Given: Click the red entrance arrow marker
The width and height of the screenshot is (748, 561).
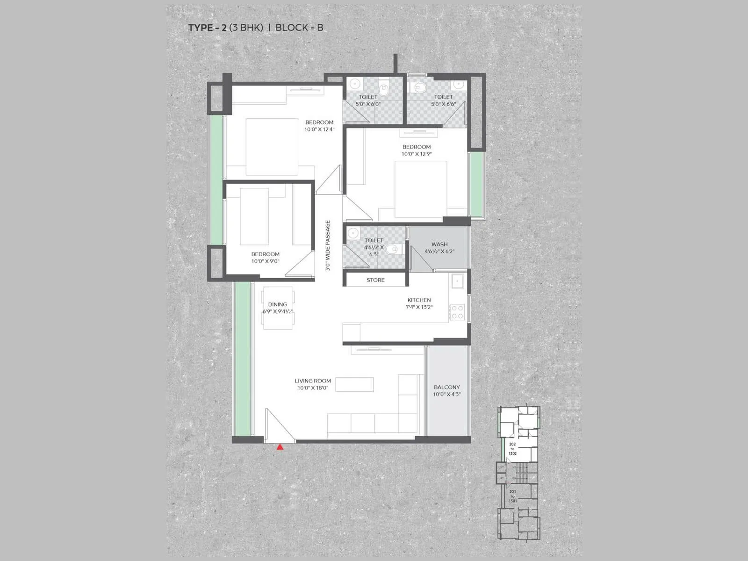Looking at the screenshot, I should (x=280, y=447).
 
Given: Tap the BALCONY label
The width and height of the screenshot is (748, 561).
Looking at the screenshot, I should (x=446, y=387).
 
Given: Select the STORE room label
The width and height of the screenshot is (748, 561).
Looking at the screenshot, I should (x=375, y=280).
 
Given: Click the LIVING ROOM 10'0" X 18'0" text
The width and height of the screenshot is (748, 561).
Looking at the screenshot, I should (x=313, y=384).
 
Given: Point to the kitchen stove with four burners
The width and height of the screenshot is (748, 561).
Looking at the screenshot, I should (x=457, y=312).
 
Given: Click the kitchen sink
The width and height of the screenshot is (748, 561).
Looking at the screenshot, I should (x=457, y=281).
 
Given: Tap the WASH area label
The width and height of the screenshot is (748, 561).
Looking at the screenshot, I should (x=439, y=244).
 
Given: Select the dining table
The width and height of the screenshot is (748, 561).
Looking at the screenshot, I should (x=278, y=308).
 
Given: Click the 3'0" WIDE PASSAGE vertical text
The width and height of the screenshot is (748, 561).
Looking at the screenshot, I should (x=328, y=245).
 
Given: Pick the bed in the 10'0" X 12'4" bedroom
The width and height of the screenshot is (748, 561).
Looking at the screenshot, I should (x=272, y=147).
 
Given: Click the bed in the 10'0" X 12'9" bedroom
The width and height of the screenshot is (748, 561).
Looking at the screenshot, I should (x=421, y=189).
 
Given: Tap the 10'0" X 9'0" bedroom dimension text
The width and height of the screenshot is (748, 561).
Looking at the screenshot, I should (x=265, y=261).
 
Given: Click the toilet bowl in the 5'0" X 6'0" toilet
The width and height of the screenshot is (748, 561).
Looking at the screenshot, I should (x=384, y=87).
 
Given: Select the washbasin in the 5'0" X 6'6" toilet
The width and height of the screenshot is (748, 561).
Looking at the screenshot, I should (x=459, y=85).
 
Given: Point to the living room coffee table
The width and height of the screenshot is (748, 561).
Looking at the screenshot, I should (x=354, y=384).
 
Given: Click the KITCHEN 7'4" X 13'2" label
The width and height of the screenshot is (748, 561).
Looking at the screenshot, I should (x=419, y=303).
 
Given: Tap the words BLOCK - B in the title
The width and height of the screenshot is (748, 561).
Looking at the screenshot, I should (x=299, y=28).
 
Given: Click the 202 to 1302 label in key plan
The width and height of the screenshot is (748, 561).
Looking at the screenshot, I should (x=512, y=448).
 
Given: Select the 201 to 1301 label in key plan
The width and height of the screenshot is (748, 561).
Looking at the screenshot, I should (x=512, y=496).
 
